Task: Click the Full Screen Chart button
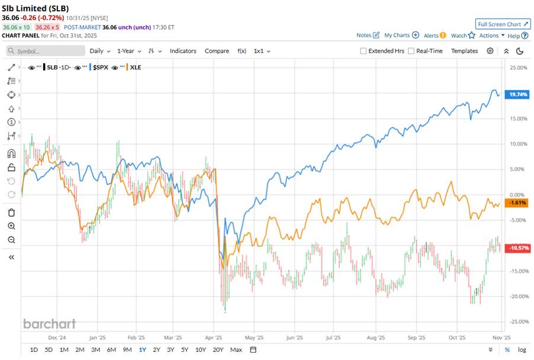[x=503, y=24]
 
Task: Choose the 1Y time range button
[x=142, y=349]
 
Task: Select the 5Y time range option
[x=185, y=349]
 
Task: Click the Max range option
[x=236, y=349]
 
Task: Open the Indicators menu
[x=183, y=51]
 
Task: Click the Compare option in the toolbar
[x=217, y=51]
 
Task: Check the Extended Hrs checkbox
[x=363, y=51]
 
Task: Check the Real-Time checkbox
[x=411, y=51]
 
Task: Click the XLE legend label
[x=135, y=67]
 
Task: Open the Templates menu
[x=464, y=51]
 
